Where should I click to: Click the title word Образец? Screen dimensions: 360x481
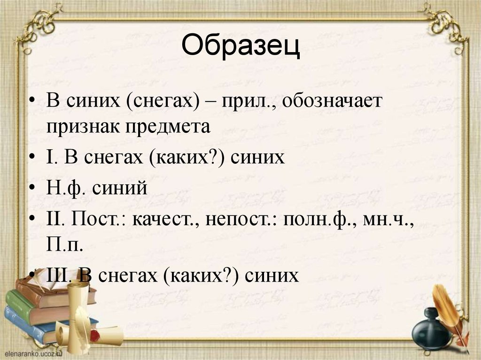[x=240, y=47]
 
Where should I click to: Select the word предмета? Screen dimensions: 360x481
[x=173, y=128]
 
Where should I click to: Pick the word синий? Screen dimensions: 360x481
[x=120, y=188]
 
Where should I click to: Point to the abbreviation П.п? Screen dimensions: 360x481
[x=65, y=244]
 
